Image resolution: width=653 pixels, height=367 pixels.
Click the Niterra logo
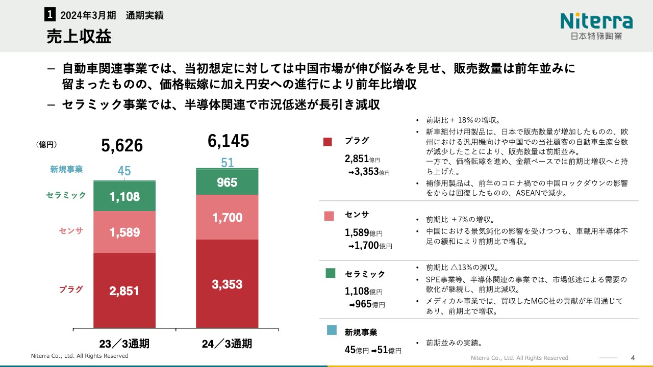(596, 25)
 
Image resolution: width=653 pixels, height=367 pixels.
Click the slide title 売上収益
(79, 37)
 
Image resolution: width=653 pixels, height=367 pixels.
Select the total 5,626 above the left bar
(122, 146)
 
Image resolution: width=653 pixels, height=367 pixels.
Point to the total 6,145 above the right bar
(228, 141)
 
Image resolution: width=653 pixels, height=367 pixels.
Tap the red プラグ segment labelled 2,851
(124, 291)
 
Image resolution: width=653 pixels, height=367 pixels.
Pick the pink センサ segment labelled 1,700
(227, 218)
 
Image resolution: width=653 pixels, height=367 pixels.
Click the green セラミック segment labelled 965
(227, 182)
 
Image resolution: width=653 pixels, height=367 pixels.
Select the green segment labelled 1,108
(124, 196)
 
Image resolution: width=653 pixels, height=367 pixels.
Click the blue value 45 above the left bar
(124, 171)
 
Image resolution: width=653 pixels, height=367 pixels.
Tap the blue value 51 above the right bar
(227, 163)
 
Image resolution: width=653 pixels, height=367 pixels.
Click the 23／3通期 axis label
(124, 344)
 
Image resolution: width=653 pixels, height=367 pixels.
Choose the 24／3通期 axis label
(227, 344)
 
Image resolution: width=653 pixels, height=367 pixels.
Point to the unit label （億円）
(46, 145)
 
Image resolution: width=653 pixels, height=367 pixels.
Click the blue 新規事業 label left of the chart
(66, 169)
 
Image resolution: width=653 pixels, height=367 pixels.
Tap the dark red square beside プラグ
(328, 142)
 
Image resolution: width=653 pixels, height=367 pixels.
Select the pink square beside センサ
(329, 216)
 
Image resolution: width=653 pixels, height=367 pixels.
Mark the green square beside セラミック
(330, 274)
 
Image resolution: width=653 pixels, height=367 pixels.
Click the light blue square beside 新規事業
(331, 330)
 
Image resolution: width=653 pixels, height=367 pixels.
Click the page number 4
(633, 357)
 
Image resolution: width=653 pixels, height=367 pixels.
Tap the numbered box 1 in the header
(50, 15)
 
